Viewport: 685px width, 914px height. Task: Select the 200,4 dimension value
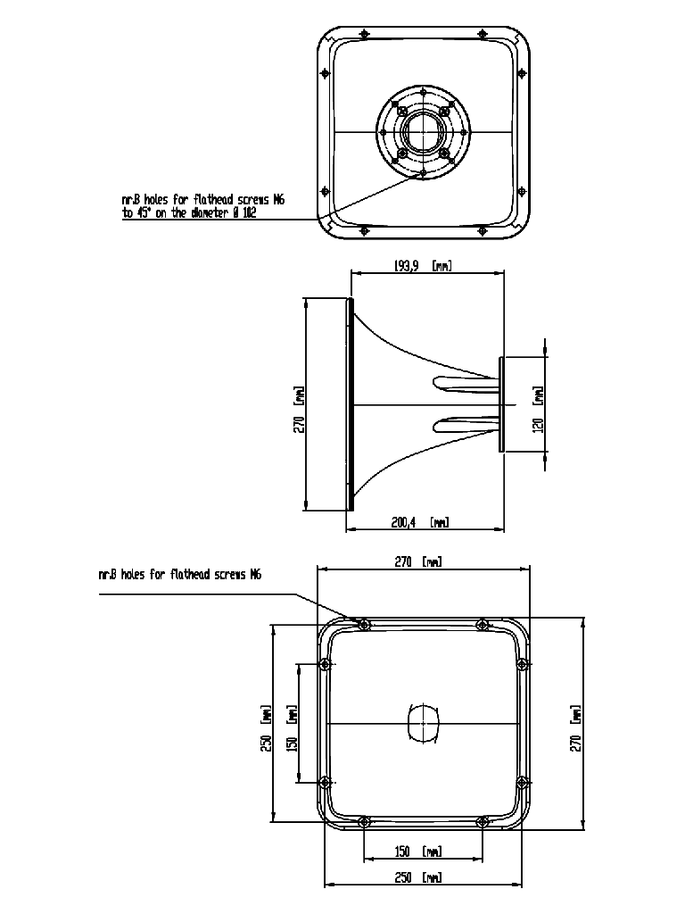pos(403,522)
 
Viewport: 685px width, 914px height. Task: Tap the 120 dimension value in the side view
pos(538,425)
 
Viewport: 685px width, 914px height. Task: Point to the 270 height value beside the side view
pos(300,424)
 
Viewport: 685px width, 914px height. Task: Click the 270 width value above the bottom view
pos(403,562)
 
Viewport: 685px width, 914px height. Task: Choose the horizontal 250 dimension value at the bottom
pos(403,878)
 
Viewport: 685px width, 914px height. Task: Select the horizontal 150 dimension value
pos(403,852)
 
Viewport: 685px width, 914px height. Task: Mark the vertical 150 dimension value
pos(293,744)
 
